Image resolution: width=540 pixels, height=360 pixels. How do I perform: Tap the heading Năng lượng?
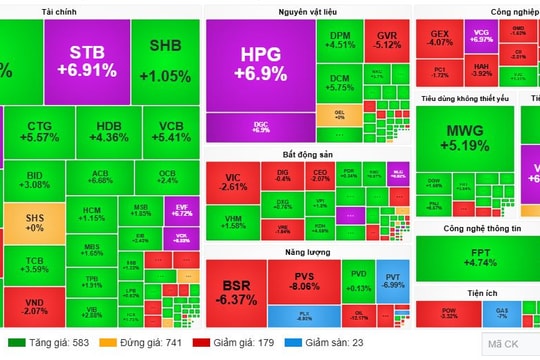tap(305, 253)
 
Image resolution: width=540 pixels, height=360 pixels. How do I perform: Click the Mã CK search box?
tap(510, 344)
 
